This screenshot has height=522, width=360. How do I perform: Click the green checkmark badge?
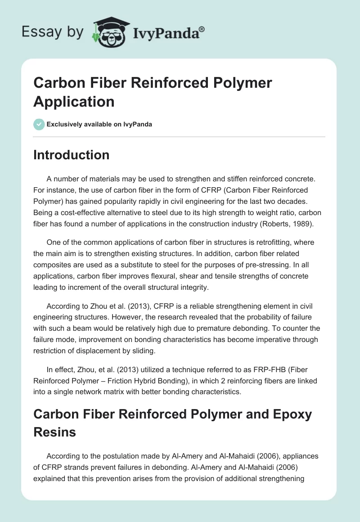[x=39, y=124]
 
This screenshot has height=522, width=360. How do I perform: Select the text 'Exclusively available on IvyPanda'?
[x=99, y=124]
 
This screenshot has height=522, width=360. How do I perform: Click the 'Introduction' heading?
[x=72, y=155]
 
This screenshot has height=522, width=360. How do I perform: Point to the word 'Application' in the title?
[x=74, y=101]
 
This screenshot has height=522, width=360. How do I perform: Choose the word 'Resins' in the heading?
[x=54, y=432]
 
